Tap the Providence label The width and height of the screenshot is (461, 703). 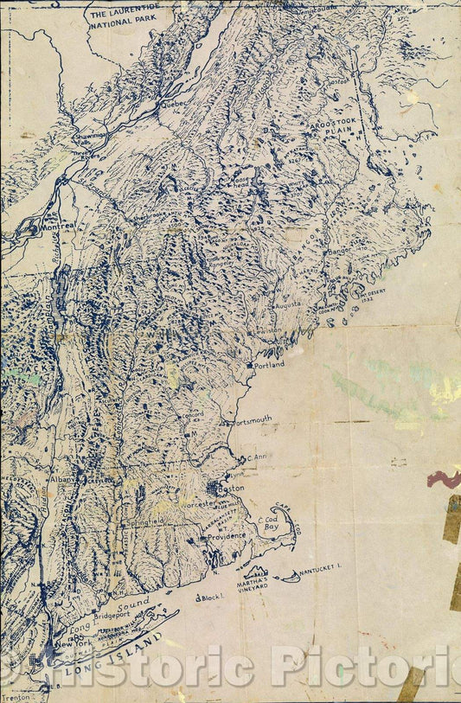(226, 535)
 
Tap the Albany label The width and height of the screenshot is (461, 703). (62, 478)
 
